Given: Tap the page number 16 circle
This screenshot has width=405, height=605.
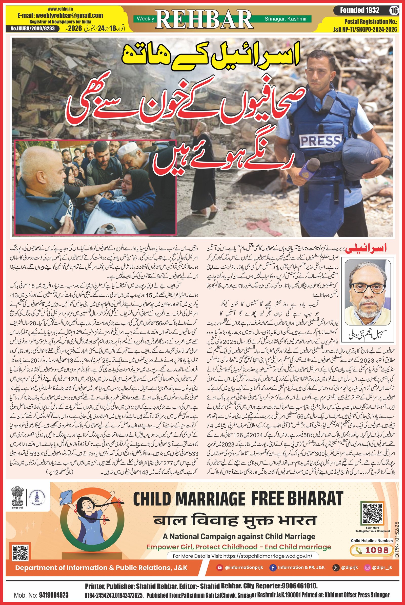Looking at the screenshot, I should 394,11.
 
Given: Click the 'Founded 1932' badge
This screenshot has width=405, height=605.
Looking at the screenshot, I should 359,11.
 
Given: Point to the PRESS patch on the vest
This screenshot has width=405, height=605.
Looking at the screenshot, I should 320,141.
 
